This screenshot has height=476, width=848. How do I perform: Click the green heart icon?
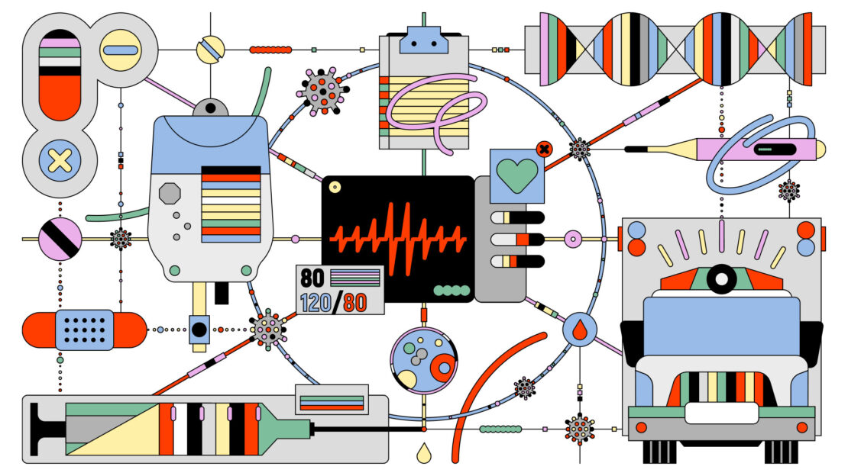(517, 175)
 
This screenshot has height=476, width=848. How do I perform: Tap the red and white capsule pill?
(60, 75)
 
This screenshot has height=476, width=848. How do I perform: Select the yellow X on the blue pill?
(60, 160)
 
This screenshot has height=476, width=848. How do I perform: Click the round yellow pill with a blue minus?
(120, 50)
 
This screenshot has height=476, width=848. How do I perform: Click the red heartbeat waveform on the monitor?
(398, 237)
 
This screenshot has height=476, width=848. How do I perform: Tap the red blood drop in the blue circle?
(580, 330)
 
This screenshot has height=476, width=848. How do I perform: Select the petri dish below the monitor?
(423, 360)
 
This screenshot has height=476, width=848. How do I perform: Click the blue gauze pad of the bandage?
(84, 330)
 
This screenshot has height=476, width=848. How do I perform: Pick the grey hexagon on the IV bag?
(170, 193)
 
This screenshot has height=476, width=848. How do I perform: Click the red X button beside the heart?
(544, 149)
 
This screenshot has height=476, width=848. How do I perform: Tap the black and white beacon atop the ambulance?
(721, 278)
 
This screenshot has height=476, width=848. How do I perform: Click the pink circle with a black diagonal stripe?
(60, 239)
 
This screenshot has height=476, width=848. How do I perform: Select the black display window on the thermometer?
(775, 149)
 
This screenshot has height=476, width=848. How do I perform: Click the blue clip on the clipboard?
(423, 40)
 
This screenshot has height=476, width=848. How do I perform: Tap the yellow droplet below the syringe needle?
(424, 453)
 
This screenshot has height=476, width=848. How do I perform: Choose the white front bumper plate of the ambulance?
(721, 413)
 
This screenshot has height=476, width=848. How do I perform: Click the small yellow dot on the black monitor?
(335, 188)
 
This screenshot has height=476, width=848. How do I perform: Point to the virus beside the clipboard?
(323, 92)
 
